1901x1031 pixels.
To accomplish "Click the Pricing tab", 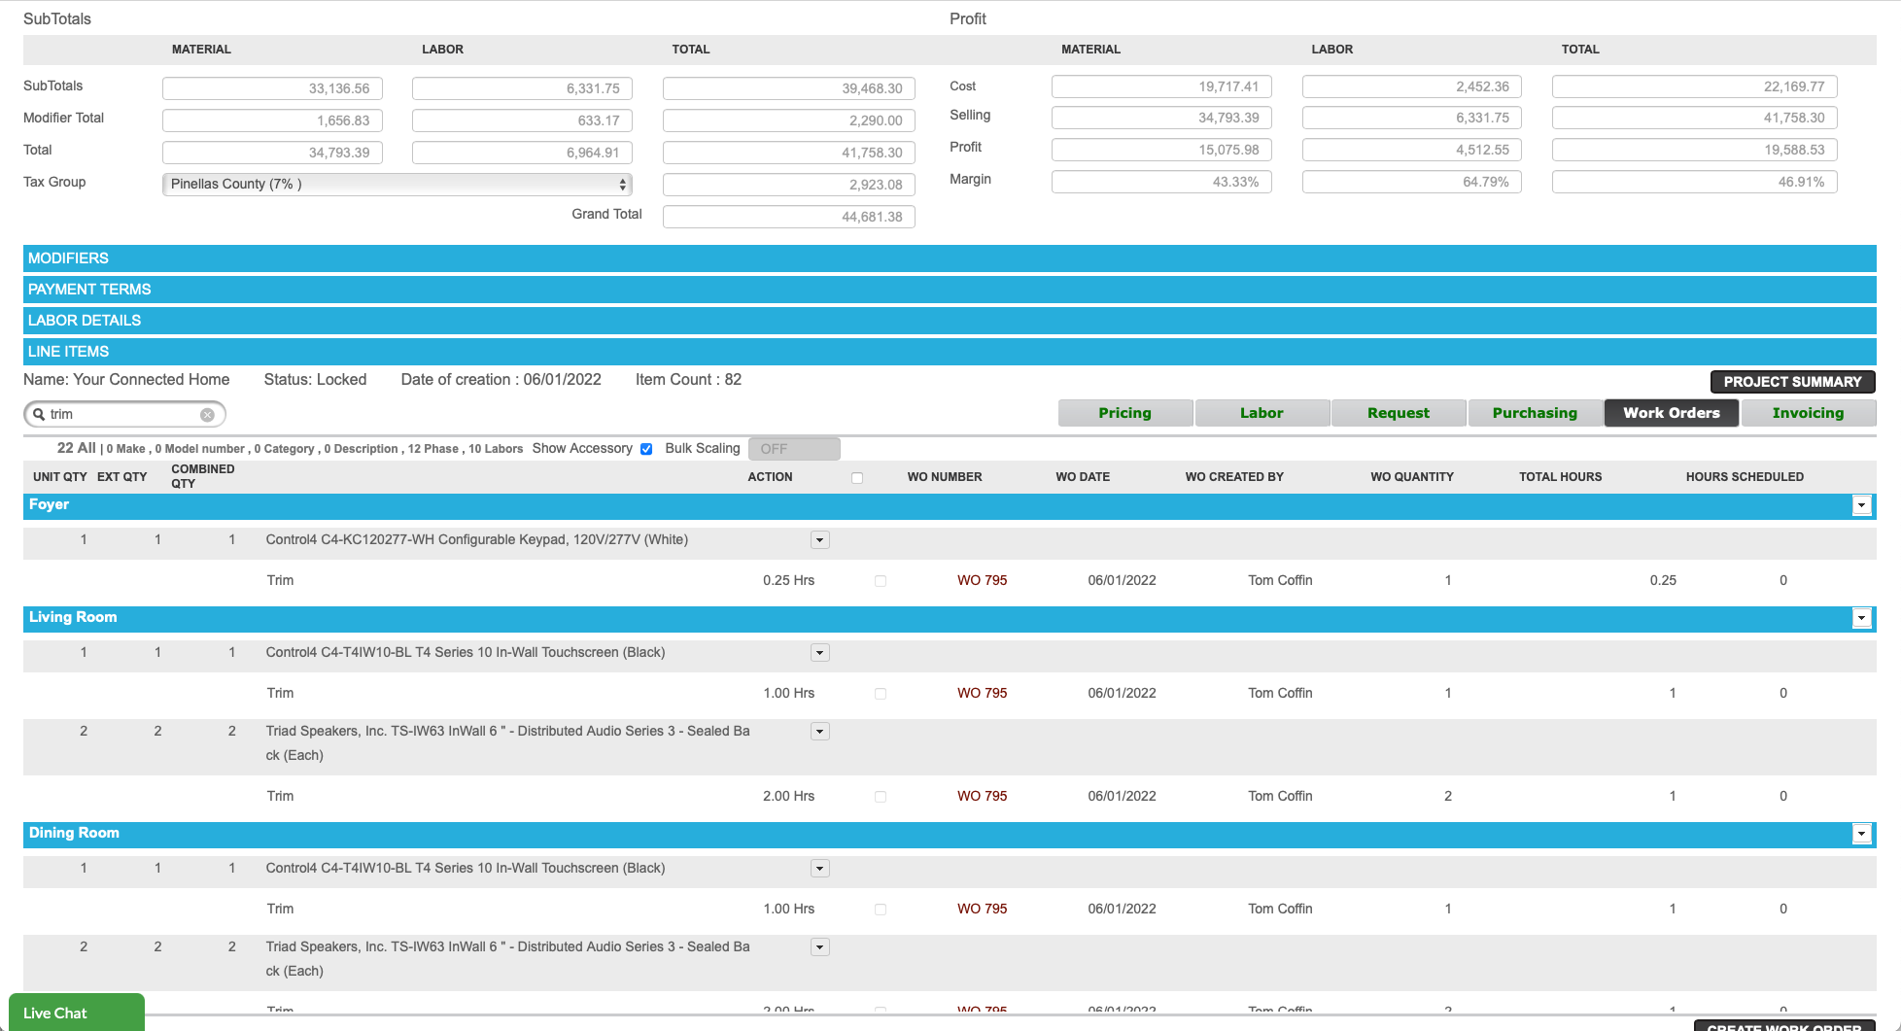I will [1124, 413].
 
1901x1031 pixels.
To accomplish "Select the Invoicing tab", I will [1808, 413].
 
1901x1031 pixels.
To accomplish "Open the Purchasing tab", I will [1535, 413].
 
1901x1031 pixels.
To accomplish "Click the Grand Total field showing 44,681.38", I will [788, 217].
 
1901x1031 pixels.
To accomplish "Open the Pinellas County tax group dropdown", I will [397, 184].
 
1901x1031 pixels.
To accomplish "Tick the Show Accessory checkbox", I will [646, 449].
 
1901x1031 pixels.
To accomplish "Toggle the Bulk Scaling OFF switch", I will [793, 449].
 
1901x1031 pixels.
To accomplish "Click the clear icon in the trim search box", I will [207, 415].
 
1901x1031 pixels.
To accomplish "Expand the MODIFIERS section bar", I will [949, 258].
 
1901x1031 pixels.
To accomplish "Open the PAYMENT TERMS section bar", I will [949, 290].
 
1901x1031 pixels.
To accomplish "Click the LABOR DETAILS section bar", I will [949, 321].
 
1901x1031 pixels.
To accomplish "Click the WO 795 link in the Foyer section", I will [982, 580].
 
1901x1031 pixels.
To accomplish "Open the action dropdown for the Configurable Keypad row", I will [820, 540].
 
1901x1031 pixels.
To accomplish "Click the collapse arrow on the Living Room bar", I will [1861, 618].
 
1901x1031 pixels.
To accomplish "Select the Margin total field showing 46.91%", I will [1694, 182].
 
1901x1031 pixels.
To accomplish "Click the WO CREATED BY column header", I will [1233, 477].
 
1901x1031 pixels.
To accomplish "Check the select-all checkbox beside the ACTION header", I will [857, 478].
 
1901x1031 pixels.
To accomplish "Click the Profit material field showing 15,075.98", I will [1161, 150].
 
